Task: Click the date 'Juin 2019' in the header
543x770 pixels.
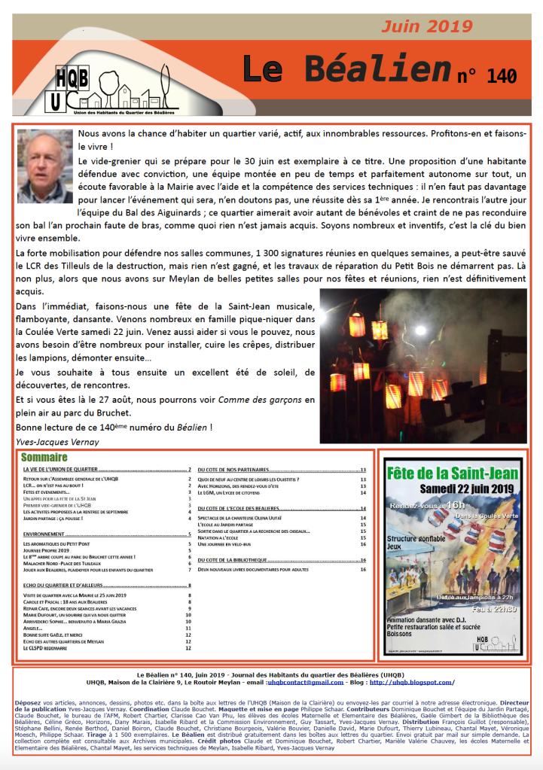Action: click(x=426, y=27)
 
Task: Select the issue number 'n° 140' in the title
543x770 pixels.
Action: click(x=487, y=76)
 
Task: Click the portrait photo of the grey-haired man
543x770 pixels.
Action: click(x=44, y=166)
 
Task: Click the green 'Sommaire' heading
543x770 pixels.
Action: click(x=44, y=457)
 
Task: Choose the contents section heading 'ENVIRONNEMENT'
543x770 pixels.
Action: click(x=44, y=534)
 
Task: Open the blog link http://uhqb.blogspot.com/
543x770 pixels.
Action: click(x=412, y=683)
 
